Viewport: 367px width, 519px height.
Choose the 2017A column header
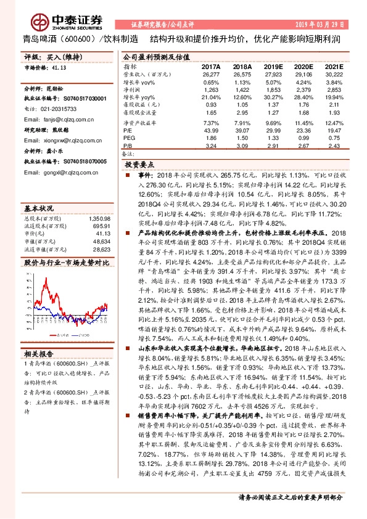pos(211,66)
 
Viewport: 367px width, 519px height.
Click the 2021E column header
pos(334,66)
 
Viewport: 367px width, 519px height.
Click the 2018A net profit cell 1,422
pos(242,89)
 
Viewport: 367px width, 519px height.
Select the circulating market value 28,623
pos(101,250)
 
